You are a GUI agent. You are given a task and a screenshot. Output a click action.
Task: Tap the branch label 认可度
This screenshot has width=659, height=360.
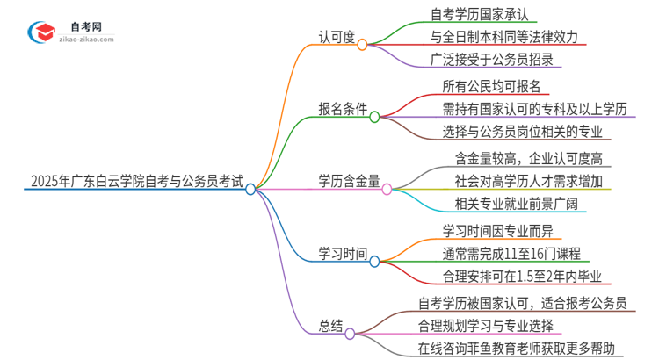(336, 37)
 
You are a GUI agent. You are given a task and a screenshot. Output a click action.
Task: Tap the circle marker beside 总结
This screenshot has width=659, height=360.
(349, 333)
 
